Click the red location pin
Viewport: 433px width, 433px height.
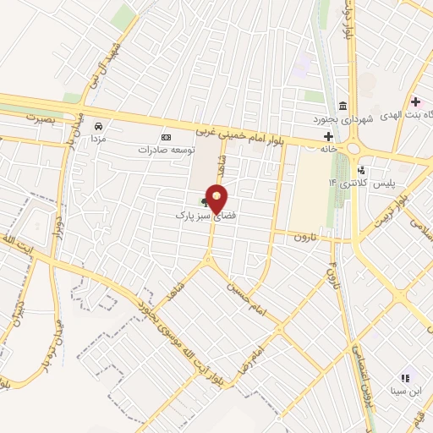217,198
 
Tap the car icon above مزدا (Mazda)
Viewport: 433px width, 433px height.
98,123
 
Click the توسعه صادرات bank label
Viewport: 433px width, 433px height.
166,149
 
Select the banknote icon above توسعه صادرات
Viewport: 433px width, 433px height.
166,137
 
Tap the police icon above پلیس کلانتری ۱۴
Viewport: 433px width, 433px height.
361,170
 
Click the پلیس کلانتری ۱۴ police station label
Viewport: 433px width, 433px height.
378,183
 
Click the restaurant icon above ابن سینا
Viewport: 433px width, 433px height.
404,377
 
